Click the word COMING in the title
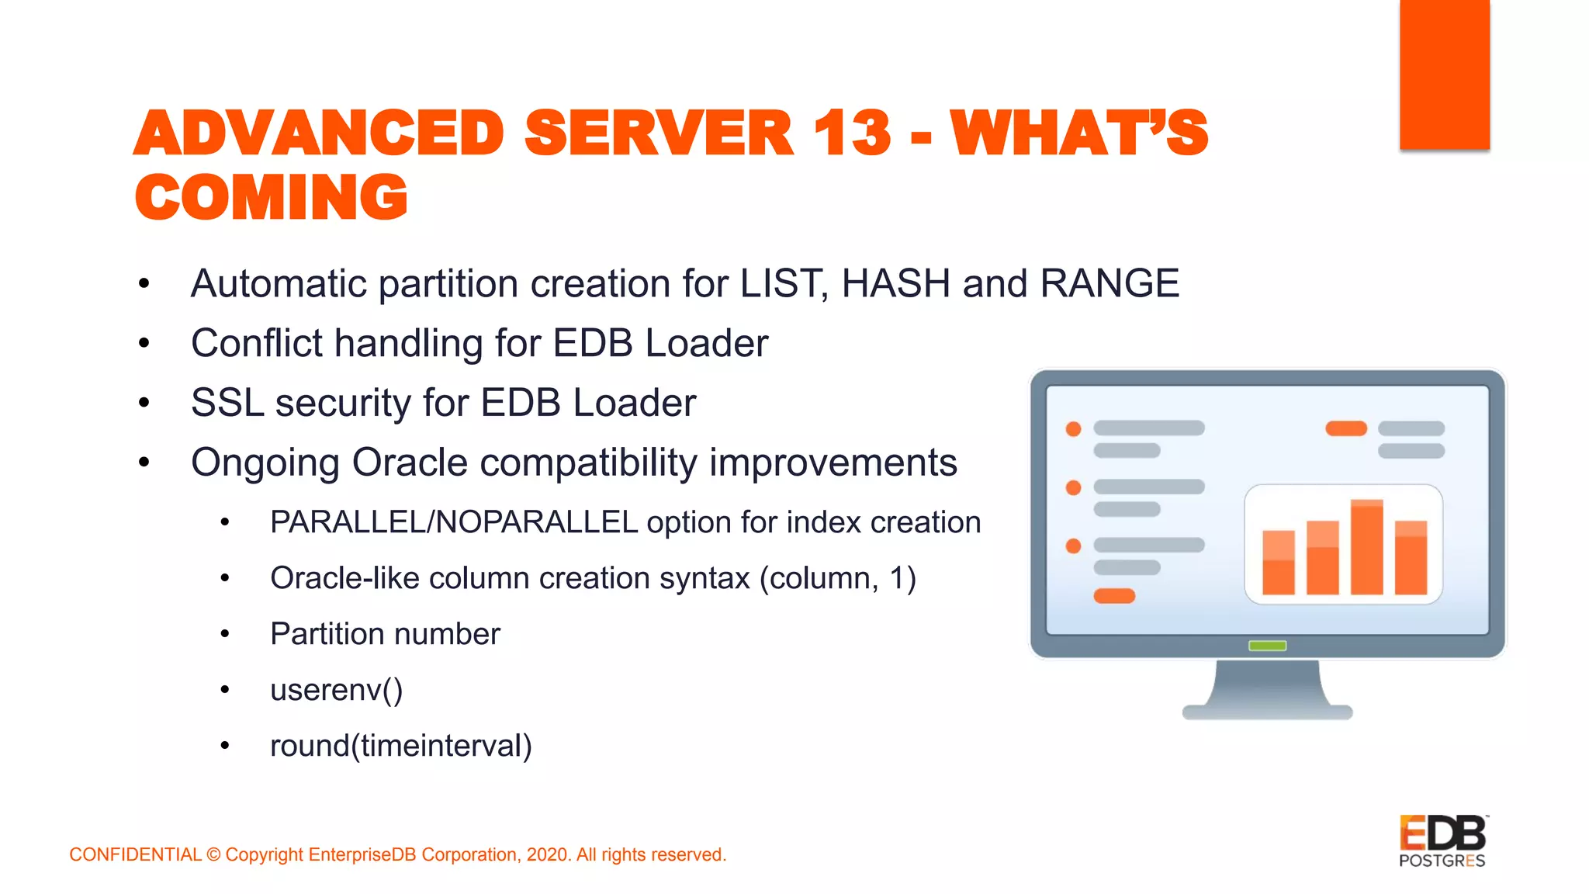[271, 197]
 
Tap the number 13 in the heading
[853, 133]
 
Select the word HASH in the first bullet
[895, 283]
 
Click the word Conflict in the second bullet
[256, 343]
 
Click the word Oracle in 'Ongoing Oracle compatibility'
[410, 463]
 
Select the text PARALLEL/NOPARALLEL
[453, 522]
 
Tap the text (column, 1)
[837, 578]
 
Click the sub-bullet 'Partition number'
[385, 634]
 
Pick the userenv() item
[336, 690]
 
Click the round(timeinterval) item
[400, 746]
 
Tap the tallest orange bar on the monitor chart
[1366, 546]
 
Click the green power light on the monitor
[1267, 646]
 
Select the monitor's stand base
[1267, 711]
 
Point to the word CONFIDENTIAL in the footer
[135, 854]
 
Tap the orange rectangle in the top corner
[1444, 74]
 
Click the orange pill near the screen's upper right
[1345, 428]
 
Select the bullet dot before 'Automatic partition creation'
[144, 284]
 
